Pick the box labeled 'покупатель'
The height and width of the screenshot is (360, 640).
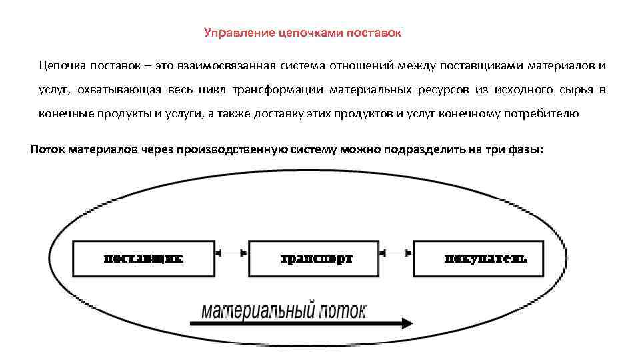click(x=486, y=258)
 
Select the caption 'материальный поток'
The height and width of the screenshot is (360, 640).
click(x=284, y=311)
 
